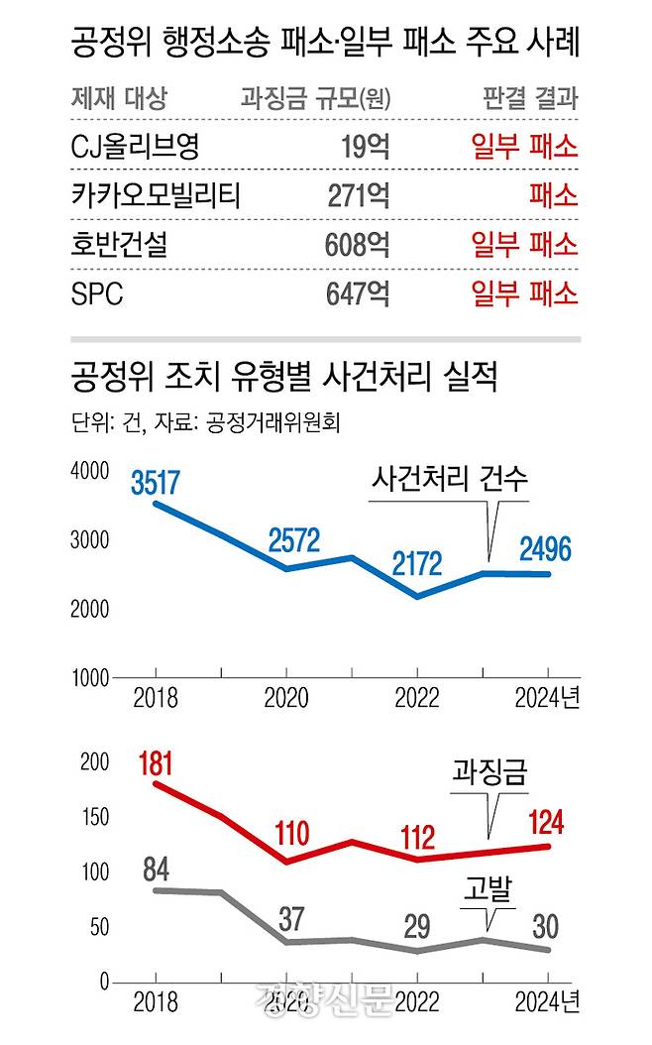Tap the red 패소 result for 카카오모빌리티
pyautogui.click(x=552, y=195)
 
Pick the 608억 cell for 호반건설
pyautogui.click(x=357, y=244)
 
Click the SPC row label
pyautogui.click(x=98, y=293)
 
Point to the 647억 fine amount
pyautogui.click(x=357, y=293)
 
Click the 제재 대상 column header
pyautogui.click(x=120, y=99)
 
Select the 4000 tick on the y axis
pyautogui.click(x=92, y=472)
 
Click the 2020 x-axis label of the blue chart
pyautogui.click(x=285, y=698)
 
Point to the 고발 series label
pyautogui.click(x=489, y=892)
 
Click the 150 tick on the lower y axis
pyautogui.click(x=95, y=818)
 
